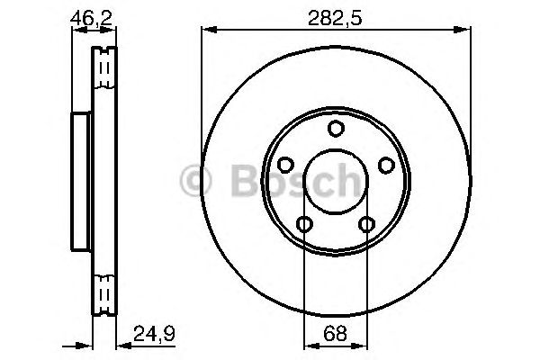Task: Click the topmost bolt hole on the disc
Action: [336, 129]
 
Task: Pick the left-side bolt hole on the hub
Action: [286, 165]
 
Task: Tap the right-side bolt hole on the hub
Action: [386, 165]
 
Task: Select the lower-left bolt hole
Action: [305, 224]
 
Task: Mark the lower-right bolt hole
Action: [367, 224]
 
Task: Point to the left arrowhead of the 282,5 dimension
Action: [207, 30]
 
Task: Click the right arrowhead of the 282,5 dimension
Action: [465, 30]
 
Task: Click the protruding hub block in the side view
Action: [80, 180]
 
